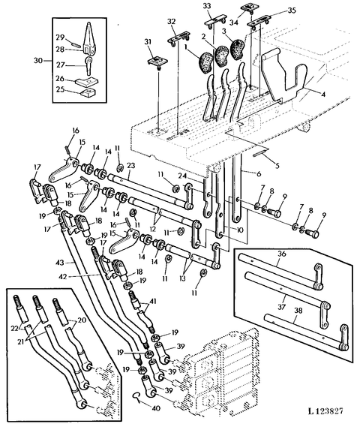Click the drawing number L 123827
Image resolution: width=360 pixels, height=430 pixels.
[325, 410]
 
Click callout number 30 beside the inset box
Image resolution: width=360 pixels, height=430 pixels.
[39, 60]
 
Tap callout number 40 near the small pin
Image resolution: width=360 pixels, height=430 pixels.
[155, 408]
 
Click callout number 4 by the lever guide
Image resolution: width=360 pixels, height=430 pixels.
[323, 95]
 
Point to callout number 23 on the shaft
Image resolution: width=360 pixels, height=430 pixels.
[131, 166]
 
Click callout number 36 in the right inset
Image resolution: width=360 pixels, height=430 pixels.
[282, 254]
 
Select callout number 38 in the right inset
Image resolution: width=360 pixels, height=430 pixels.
[298, 311]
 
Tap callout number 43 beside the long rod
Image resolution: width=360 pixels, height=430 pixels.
[60, 263]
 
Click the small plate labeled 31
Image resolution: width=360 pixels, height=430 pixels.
[155, 62]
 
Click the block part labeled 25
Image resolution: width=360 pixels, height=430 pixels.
[88, 92]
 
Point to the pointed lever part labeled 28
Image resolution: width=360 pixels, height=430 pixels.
[88, 39]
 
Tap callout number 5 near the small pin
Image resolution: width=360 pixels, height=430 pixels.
[277, 166]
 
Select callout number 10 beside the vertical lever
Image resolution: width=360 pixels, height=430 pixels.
[239, 230]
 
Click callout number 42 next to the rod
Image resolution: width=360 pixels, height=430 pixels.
[63, 276]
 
